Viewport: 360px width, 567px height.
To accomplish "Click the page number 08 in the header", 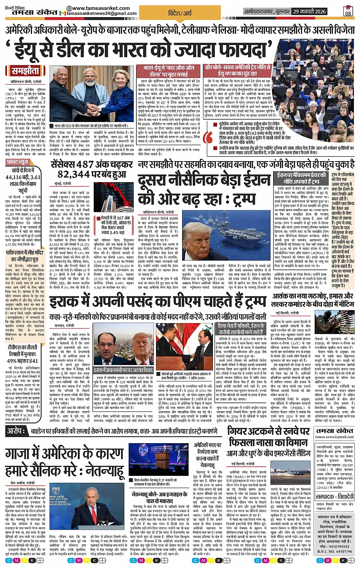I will coord(348,13).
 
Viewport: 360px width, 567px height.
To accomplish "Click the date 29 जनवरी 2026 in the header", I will coord(309,12).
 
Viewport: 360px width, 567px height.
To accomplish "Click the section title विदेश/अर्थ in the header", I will coord(180,13).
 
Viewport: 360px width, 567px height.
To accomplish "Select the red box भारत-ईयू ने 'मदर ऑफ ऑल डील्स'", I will coord(169,71).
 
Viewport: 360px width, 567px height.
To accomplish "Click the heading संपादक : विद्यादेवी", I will coord(335,497).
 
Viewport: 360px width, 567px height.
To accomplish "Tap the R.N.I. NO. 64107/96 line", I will coord(335,551).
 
